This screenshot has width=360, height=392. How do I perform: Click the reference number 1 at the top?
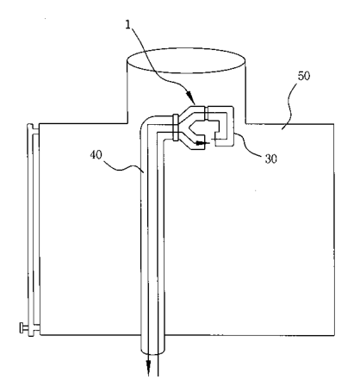coord(128,25)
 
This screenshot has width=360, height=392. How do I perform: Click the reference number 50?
coord(304,76)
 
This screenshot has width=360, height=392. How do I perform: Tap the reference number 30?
coord(270,159)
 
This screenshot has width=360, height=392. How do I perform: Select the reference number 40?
coord(96,155)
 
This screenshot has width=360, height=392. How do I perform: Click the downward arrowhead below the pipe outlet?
coord(148,368)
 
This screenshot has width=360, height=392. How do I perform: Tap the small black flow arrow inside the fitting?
coord(201,143)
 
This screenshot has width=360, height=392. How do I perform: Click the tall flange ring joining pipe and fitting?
coord(176,128)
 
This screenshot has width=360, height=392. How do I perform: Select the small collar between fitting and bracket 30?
coord(207,113)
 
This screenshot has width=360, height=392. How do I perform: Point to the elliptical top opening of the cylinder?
coord(186,60)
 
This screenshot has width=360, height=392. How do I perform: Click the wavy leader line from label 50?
coord(289,105)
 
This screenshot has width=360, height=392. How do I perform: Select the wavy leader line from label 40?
coord(123,168)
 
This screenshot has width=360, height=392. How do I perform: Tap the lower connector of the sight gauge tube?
coord(34,329)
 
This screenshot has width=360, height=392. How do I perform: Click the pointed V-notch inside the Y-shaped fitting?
coord(191,128)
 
